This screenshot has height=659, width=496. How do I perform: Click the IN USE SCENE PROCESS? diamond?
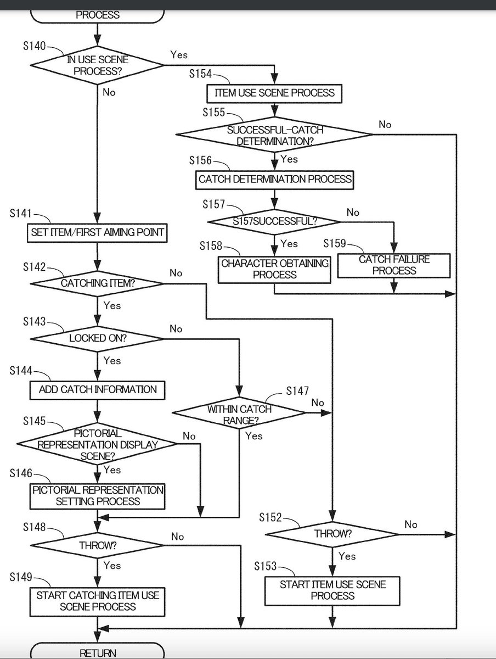pyautogui.click(x=97, y=66)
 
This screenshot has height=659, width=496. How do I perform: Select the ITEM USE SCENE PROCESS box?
pyautogui.click(x=274, y=93)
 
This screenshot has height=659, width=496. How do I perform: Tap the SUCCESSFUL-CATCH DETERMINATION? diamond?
pyautogui.click(x=274, y=135)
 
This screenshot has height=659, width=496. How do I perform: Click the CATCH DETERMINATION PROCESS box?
pyautogui.click(x=274, y=179)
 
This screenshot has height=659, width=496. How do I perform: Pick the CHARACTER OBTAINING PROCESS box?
pyautogui.click(x=274, y=269)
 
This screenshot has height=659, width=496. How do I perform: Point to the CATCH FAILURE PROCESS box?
pyautogui.click(x=394, y=265)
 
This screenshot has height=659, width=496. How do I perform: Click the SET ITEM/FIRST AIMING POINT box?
pyautogui.click(x=97, y=233)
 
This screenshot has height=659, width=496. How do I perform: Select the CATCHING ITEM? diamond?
pyautogui.click(x=97, y=283)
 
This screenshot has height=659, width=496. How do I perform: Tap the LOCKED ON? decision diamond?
pyautogui.click(x=97, y=338)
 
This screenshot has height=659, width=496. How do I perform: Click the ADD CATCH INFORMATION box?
pyautogui.click(x=98, y=390)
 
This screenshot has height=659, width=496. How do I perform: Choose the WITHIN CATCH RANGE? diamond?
pyautogui.click(x=239, y=415)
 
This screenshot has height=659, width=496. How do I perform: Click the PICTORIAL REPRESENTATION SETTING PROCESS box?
pyautogui.click(x=98, y=496)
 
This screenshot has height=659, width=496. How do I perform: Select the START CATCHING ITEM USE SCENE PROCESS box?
pyautogui.click(x=98, y=601)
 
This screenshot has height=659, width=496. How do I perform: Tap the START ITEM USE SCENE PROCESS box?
pyautogui.click(x=332, y=590)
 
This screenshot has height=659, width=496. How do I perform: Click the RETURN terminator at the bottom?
pyautogui.click(x=98, y=653)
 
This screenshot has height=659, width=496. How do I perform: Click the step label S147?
pyautogui.click(x=297, y=391)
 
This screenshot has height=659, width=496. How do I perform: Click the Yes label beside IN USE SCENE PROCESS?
pyautogui.click(x=179, y=55)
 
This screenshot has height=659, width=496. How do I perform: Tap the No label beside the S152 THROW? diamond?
pyautogui.click(x=411, y=524)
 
